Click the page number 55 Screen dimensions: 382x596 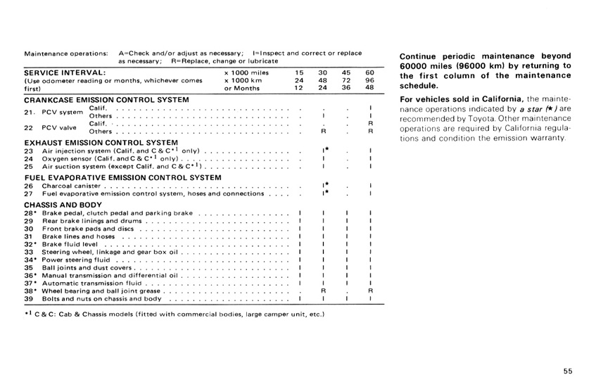[568, 372]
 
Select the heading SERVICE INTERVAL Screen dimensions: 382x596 [65, 72]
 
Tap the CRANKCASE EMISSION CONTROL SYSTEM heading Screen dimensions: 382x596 [106, 100]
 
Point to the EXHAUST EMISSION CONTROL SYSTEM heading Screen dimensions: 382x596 [100, 142]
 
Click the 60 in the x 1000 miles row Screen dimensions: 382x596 [369, 72]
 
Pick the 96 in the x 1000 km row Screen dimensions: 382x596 [369, 80]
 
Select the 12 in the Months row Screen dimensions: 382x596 [299, 88]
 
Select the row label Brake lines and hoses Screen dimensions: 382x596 [78, 236]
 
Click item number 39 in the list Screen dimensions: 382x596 [29, 298]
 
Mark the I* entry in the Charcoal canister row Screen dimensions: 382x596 [324, 186]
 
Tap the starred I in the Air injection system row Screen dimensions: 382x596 [324, 151]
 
